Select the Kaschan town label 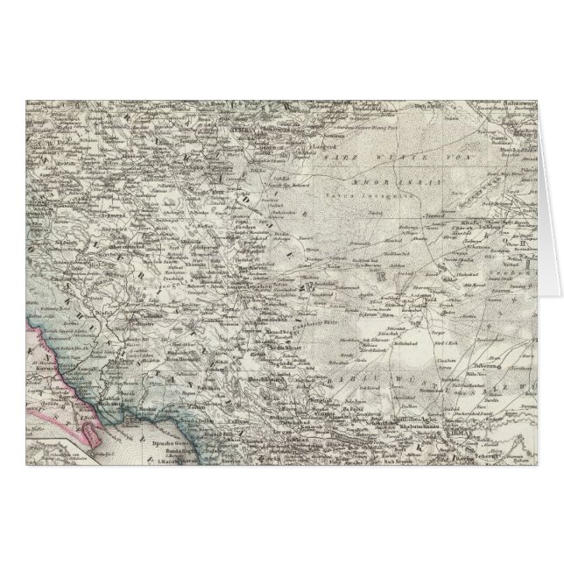240,215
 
